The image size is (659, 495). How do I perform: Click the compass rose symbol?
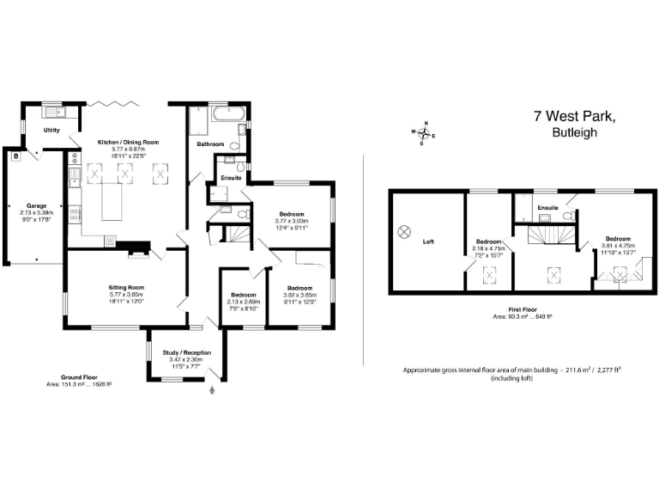422,133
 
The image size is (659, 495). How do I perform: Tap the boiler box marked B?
15,156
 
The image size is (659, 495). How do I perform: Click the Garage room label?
36,206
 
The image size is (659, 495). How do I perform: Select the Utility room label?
52,130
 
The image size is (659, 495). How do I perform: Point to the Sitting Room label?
126,287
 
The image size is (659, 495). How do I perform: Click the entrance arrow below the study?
213,391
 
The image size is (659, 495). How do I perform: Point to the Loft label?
428,241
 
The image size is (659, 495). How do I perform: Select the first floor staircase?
545,232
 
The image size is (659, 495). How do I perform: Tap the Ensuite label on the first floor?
548,208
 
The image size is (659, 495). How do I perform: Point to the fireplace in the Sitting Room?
136,252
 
